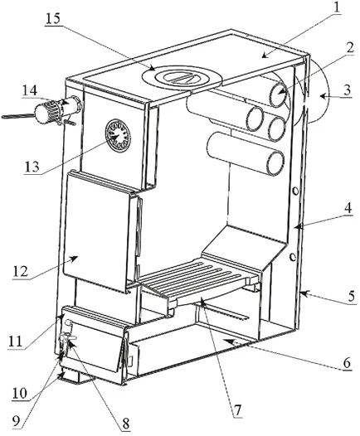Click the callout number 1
point(337,7)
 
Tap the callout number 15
point(53,19)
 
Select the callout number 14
point(30,90)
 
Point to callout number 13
point(32,167)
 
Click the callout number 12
point(20,271)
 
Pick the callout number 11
point(15,342)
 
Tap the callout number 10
point(20,394)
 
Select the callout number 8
point(126,424)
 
